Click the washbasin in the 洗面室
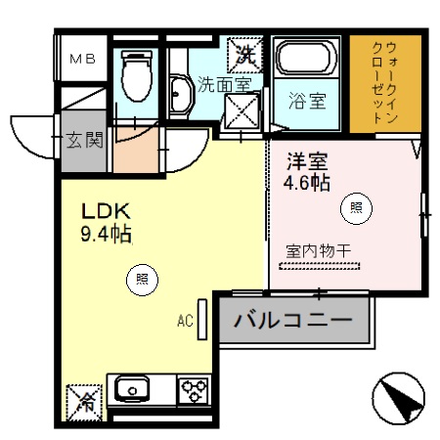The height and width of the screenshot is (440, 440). [181, 97]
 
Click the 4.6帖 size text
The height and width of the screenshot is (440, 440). [307, 183]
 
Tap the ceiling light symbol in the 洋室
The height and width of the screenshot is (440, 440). [356, 206]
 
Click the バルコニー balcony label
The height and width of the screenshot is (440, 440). [293, 319]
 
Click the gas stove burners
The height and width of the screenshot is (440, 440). [192, 391]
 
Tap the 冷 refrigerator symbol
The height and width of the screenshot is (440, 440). [85, 399]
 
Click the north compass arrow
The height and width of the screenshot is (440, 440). [398, 398]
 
